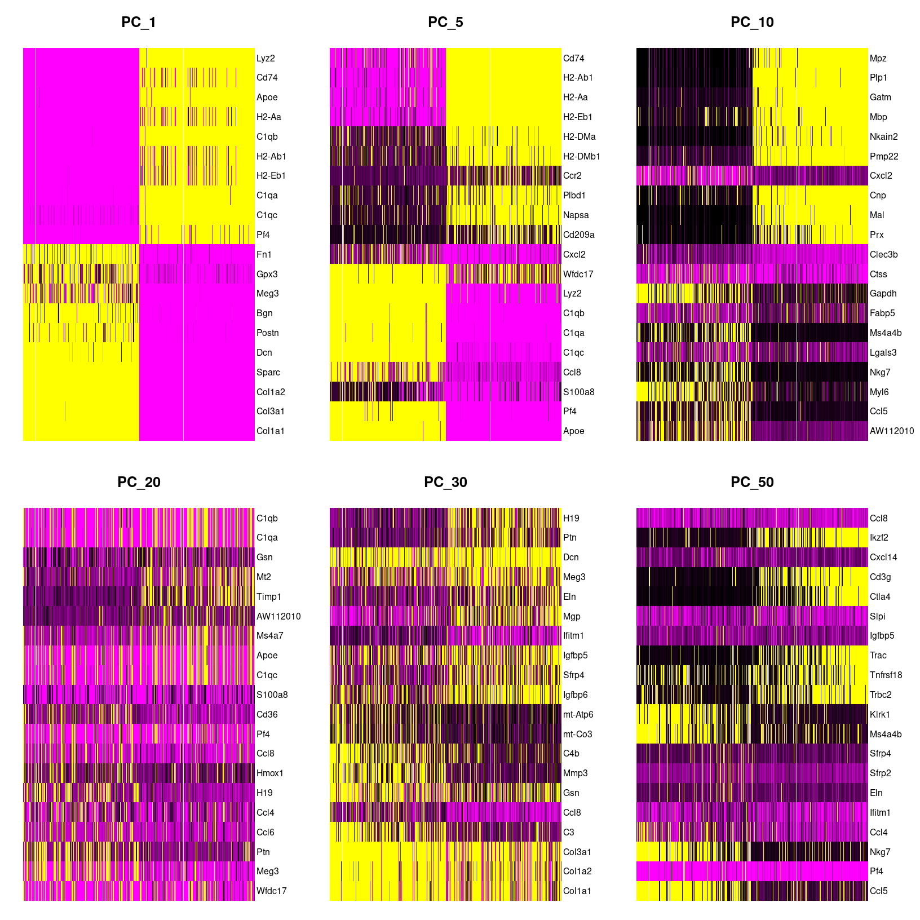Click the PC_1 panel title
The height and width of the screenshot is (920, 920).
(139, 23)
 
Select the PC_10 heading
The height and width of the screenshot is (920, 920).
(752, 23)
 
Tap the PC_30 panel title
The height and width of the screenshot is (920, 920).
(445, 483)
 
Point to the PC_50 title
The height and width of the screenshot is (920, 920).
(752, 483)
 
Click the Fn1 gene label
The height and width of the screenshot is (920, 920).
(264, 254)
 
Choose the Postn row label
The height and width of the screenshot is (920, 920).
(268, 333)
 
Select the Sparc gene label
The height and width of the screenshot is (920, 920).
(268, 372)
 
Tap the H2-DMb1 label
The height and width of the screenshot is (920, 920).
(582, 156)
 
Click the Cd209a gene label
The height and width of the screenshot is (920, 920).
(579, 235)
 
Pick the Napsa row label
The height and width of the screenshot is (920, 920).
(576, 215)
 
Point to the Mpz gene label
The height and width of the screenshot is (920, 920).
(878, 58)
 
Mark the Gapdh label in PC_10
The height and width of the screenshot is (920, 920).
(883, 293)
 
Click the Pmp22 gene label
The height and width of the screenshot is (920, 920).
(884, 156)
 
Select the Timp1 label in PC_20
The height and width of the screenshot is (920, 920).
(269, 596)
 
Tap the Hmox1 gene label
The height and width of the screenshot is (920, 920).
(270, 773)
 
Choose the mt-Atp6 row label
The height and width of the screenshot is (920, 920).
(578, 714)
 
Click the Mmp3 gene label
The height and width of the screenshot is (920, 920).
(576, 773)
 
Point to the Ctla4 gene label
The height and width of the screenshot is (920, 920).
(880, 596)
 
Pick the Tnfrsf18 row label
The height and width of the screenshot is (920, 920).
(886, 675)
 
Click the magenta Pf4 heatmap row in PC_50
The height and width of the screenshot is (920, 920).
(752, 871)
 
